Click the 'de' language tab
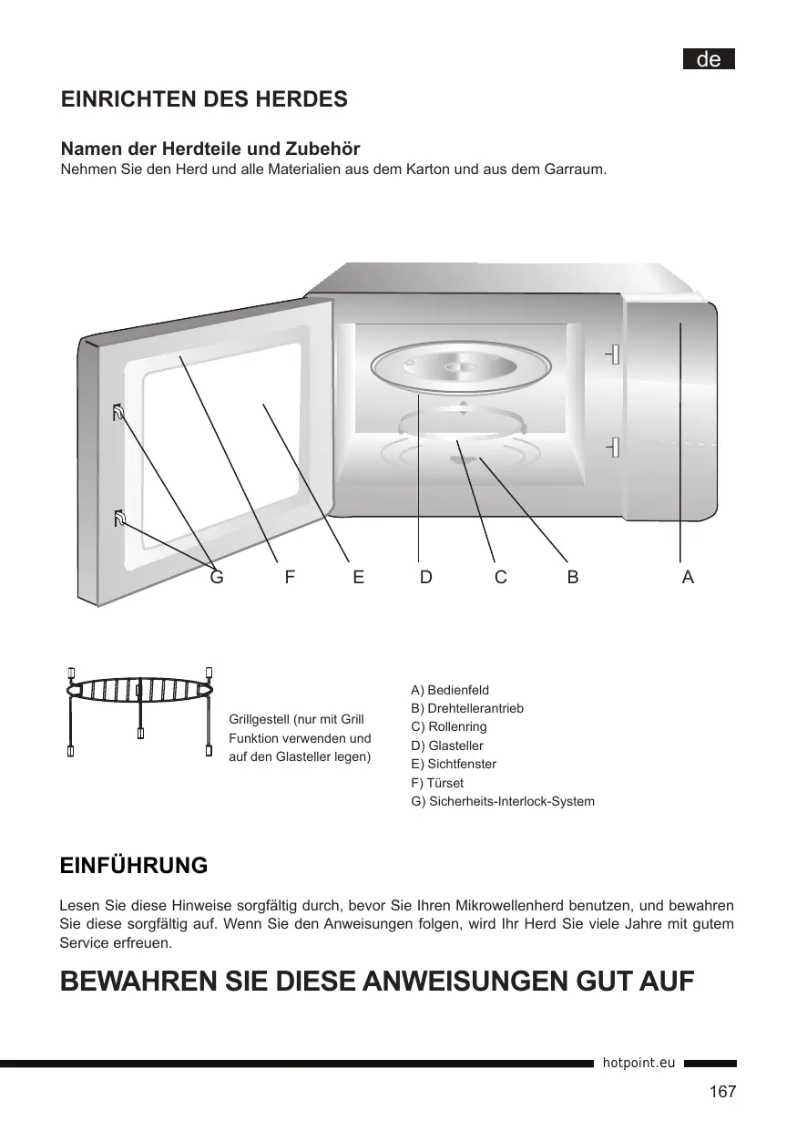[x=709, y=59]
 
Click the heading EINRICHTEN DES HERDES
[x=204, y=99]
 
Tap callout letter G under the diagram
[x=217, y=577]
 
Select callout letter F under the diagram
[x=289, y=577]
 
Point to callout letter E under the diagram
[x=359, y=577]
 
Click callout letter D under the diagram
[x=426, y=577]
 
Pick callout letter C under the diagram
[x=500, y=577]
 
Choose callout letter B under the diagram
[x=572, y=577]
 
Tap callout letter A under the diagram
[x=688, y=577]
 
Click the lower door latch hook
[x=118, y=519]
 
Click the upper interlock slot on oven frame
[x=615, y=354]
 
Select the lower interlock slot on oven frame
[x=616, y=447]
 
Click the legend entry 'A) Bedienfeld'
[x=450, y=690]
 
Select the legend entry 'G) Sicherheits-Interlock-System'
[x=503, y=801]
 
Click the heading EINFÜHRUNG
[x=133, y=865]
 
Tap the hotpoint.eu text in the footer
[x=639, y=1063]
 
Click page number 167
[x=722, y=1092]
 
